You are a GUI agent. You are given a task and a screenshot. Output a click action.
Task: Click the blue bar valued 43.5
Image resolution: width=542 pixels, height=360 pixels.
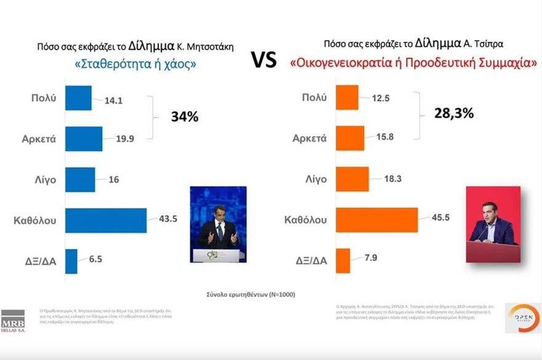click(x=105, y=220)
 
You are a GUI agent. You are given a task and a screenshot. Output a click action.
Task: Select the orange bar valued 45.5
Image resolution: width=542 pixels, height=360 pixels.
click(x=376, y=219)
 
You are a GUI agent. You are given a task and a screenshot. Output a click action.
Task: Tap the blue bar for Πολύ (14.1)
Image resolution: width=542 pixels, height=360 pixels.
click(x=78, y=98)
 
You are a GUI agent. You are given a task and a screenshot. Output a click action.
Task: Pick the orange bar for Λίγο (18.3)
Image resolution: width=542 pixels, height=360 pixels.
click(x=352, y=179)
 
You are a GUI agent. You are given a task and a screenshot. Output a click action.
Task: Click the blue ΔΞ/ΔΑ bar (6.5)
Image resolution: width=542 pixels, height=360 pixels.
click(x=71, y=261)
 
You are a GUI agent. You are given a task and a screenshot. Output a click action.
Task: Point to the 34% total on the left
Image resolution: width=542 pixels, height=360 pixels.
click(x=184, y=117)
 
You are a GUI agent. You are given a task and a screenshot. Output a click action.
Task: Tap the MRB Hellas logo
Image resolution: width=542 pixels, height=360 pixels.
click(x=13, y=320)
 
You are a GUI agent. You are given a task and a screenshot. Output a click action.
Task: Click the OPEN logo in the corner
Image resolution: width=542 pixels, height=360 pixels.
click(x=522, y=317)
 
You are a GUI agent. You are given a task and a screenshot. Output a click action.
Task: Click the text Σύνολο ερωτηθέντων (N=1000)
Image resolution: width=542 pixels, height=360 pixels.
click(x=251, y=295)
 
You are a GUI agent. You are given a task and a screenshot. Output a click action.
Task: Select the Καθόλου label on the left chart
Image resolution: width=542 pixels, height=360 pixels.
click(x=36, y=220)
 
